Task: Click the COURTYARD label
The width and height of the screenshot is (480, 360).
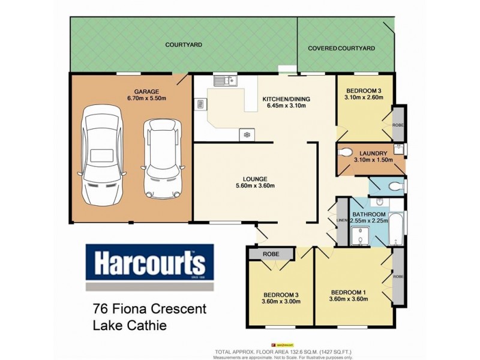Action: click(x=184, y=45)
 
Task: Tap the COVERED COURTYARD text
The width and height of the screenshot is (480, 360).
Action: click(x=341, y=48)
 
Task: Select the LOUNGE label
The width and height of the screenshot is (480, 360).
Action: click(x=255, y=178)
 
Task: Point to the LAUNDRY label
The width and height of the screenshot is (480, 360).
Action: click(x=373, y=153)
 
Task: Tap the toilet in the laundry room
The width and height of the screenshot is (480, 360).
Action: click(x=347, y=151)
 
